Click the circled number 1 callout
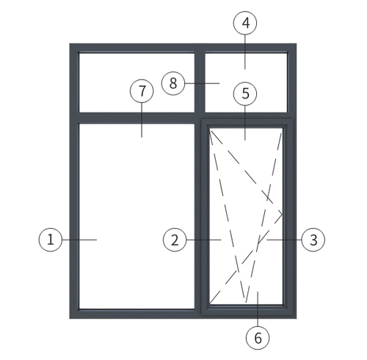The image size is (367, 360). (51, 240)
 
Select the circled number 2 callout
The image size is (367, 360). (175, 240)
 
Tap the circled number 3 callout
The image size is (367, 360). (313, 240)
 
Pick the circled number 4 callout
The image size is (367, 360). (245, 23)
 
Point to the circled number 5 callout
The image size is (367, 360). (245, 93)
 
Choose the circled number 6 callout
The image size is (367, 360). (258, 338)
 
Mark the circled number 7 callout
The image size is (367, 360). (142, 91)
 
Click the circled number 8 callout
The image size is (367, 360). (173, 83)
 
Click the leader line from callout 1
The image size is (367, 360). (79, 240)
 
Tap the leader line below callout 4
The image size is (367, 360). (245, 52)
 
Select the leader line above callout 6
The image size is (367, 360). (258, 309)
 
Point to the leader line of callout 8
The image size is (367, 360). (202, 83)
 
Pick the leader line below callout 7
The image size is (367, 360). (142, 120)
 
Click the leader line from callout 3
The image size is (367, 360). (284, 240)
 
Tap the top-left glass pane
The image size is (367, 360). (137, 82)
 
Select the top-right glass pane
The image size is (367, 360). (246, 82)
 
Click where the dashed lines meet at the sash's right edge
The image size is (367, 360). (283, 215)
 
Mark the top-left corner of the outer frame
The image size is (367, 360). (70, 44)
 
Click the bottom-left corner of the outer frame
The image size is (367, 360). (70, 318)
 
